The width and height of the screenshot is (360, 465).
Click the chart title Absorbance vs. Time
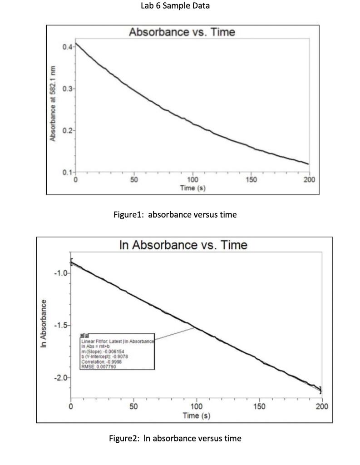182,32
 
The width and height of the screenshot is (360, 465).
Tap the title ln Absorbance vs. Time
183,245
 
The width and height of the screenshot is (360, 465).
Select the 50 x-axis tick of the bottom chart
133,406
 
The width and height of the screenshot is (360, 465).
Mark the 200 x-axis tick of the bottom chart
322,406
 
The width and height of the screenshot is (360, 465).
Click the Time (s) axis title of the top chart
192,188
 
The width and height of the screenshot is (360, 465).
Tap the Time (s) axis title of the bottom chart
196,416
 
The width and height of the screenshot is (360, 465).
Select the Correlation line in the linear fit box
101,361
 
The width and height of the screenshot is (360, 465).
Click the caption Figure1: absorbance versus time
175,215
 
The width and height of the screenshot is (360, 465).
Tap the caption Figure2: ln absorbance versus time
175,438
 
